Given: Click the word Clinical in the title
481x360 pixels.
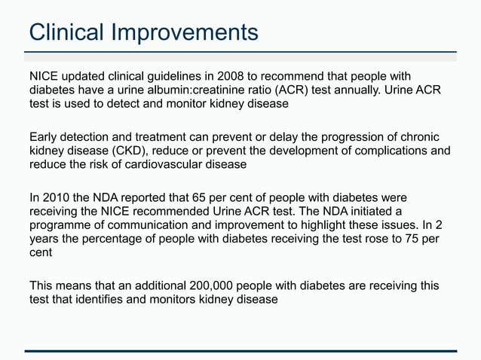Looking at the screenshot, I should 67,32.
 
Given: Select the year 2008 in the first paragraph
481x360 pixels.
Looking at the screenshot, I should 231,76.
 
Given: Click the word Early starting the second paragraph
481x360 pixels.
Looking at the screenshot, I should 44,137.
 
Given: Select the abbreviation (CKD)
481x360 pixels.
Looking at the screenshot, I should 130,151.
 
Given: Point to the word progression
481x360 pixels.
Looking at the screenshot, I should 357,137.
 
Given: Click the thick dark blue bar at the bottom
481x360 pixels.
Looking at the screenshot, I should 240,351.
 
